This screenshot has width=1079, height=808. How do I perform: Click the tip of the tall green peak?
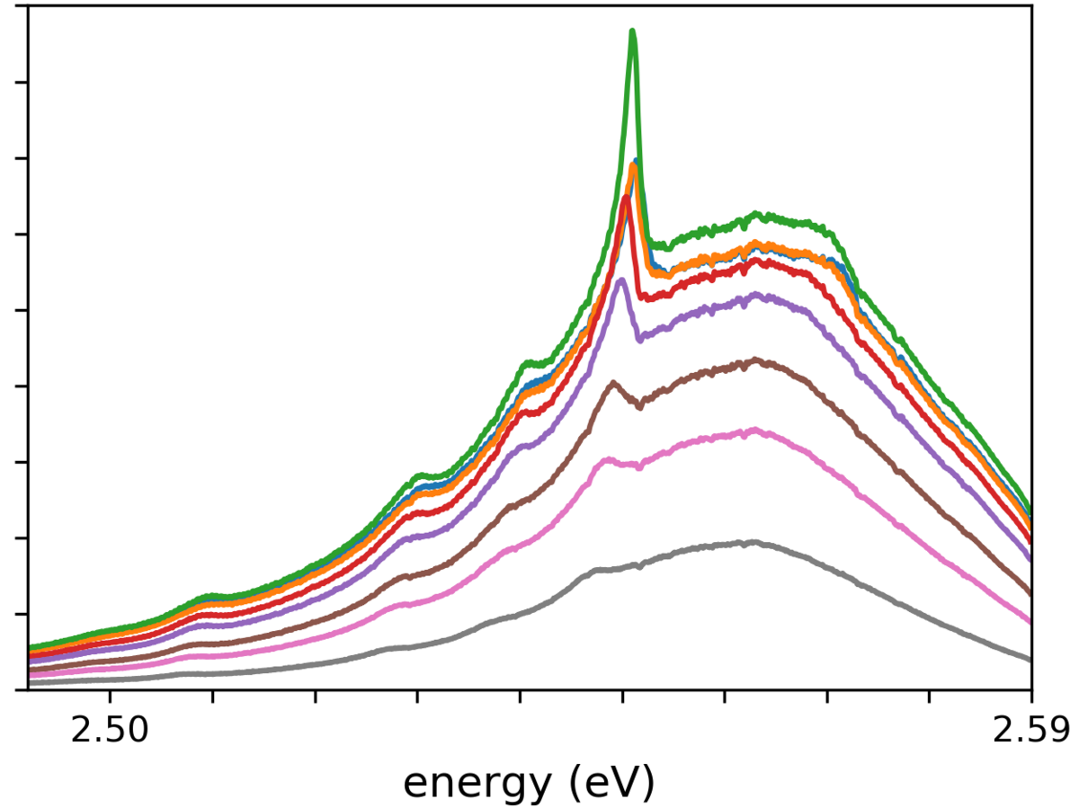pyautogui.click(x=633, y=31)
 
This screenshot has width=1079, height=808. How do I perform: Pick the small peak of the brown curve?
pyautogui.click(x=613, y=383)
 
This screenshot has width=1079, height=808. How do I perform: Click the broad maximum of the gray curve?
pyautogui.click(x=752, y=542)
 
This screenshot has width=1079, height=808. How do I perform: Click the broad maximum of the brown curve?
pyautogui.click(x=755, y=360)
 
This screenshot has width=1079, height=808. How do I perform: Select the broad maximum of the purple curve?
pyautogui.click(x=755, y=295)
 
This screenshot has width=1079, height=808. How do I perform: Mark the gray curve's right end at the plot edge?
pyautogui.click(x=1030, y=659)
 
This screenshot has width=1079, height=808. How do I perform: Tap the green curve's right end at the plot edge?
pyautogui.click(x=1030, y=509)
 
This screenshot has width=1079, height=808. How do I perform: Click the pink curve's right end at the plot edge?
pyautogui.click(x=1030, y=620)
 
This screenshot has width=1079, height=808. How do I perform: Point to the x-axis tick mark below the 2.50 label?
pyautogui.click(x=110, y=695)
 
